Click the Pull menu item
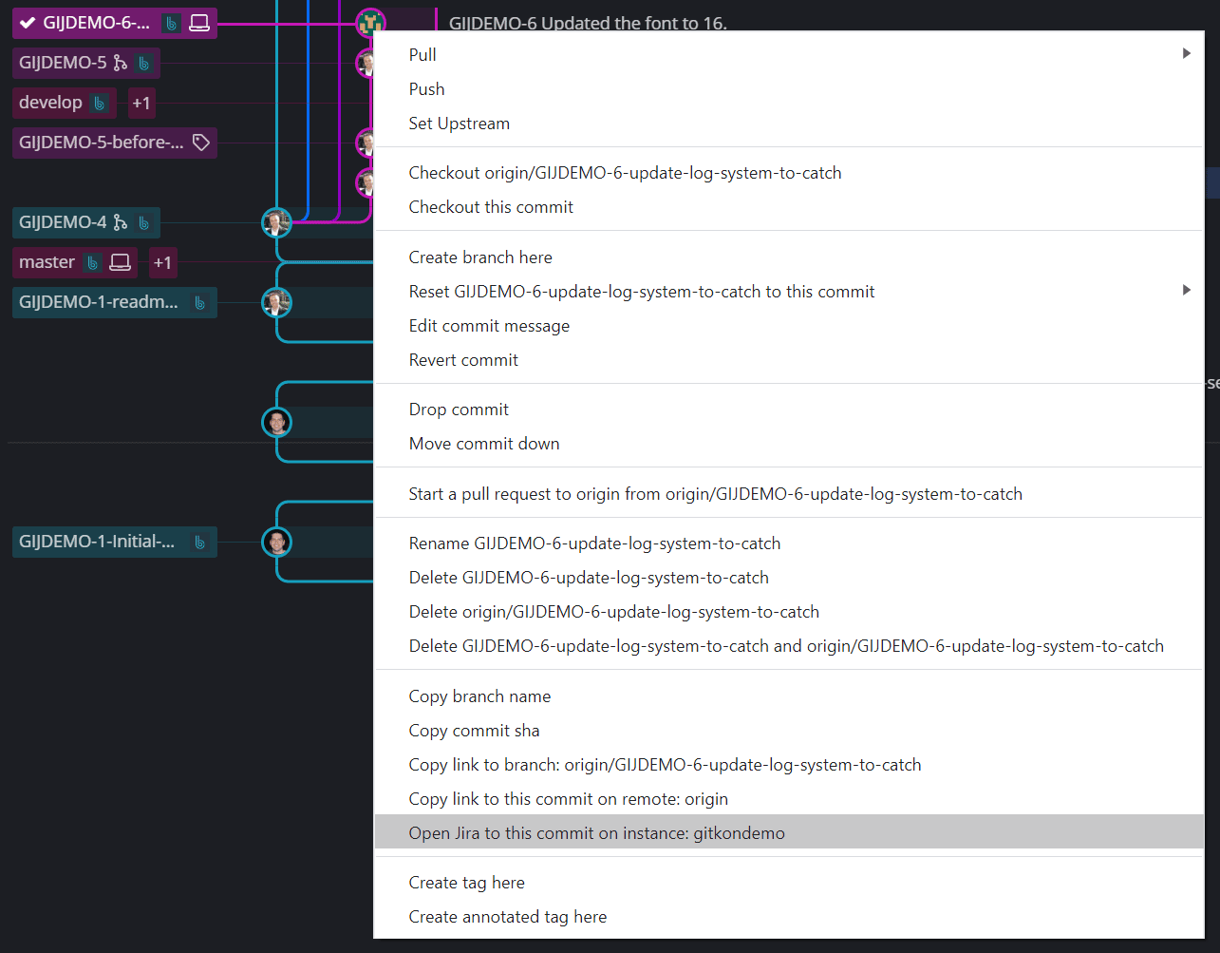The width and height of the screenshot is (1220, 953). pyautogui.click(x=422, y=55)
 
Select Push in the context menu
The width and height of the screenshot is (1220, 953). pyautogui.click(x=426, y=89)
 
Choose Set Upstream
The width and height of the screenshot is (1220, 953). pyautogui.click(x=459, y=124)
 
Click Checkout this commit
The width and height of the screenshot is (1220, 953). pyautogui.click(x=491, y=207)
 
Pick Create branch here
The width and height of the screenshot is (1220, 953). pyautogui.click(x=480, y=257)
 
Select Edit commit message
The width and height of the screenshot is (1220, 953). pyautogui.click(x=489, y=326)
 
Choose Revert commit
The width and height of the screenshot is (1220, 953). pyautogui.click(x=463, y=360)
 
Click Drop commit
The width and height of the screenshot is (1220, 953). pyautogui.click(x=459, y=410)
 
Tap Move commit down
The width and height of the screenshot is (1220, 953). pyautogui.click(x=484, y=444)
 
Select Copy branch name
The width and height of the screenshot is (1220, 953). pyautogui.click(x=479, y=696)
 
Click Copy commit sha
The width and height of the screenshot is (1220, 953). pyautogui.click(x=474, y=731)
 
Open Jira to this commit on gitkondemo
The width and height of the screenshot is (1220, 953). pyautogui.click(x=596, y=833)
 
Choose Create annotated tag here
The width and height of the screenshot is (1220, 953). pyautogui.click(x=507, y=917)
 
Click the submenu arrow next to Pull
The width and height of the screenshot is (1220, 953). pyautogui.click(x=1186, y=54)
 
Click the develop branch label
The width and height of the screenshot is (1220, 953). pyautogui.click(x=51, y=103)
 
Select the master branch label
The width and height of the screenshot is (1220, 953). pyautogui.click(x=47, y=262)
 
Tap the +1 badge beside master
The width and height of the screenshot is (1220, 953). pyautogui.click(x=162, y=263)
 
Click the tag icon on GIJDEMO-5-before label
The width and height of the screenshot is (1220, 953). pyautogui.click(x=201, y=143)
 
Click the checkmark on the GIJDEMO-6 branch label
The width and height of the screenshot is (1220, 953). pyautogui.click(x=28, y=23)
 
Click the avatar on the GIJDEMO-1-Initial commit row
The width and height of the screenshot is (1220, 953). pyautogui.click(x=276, y=542)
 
